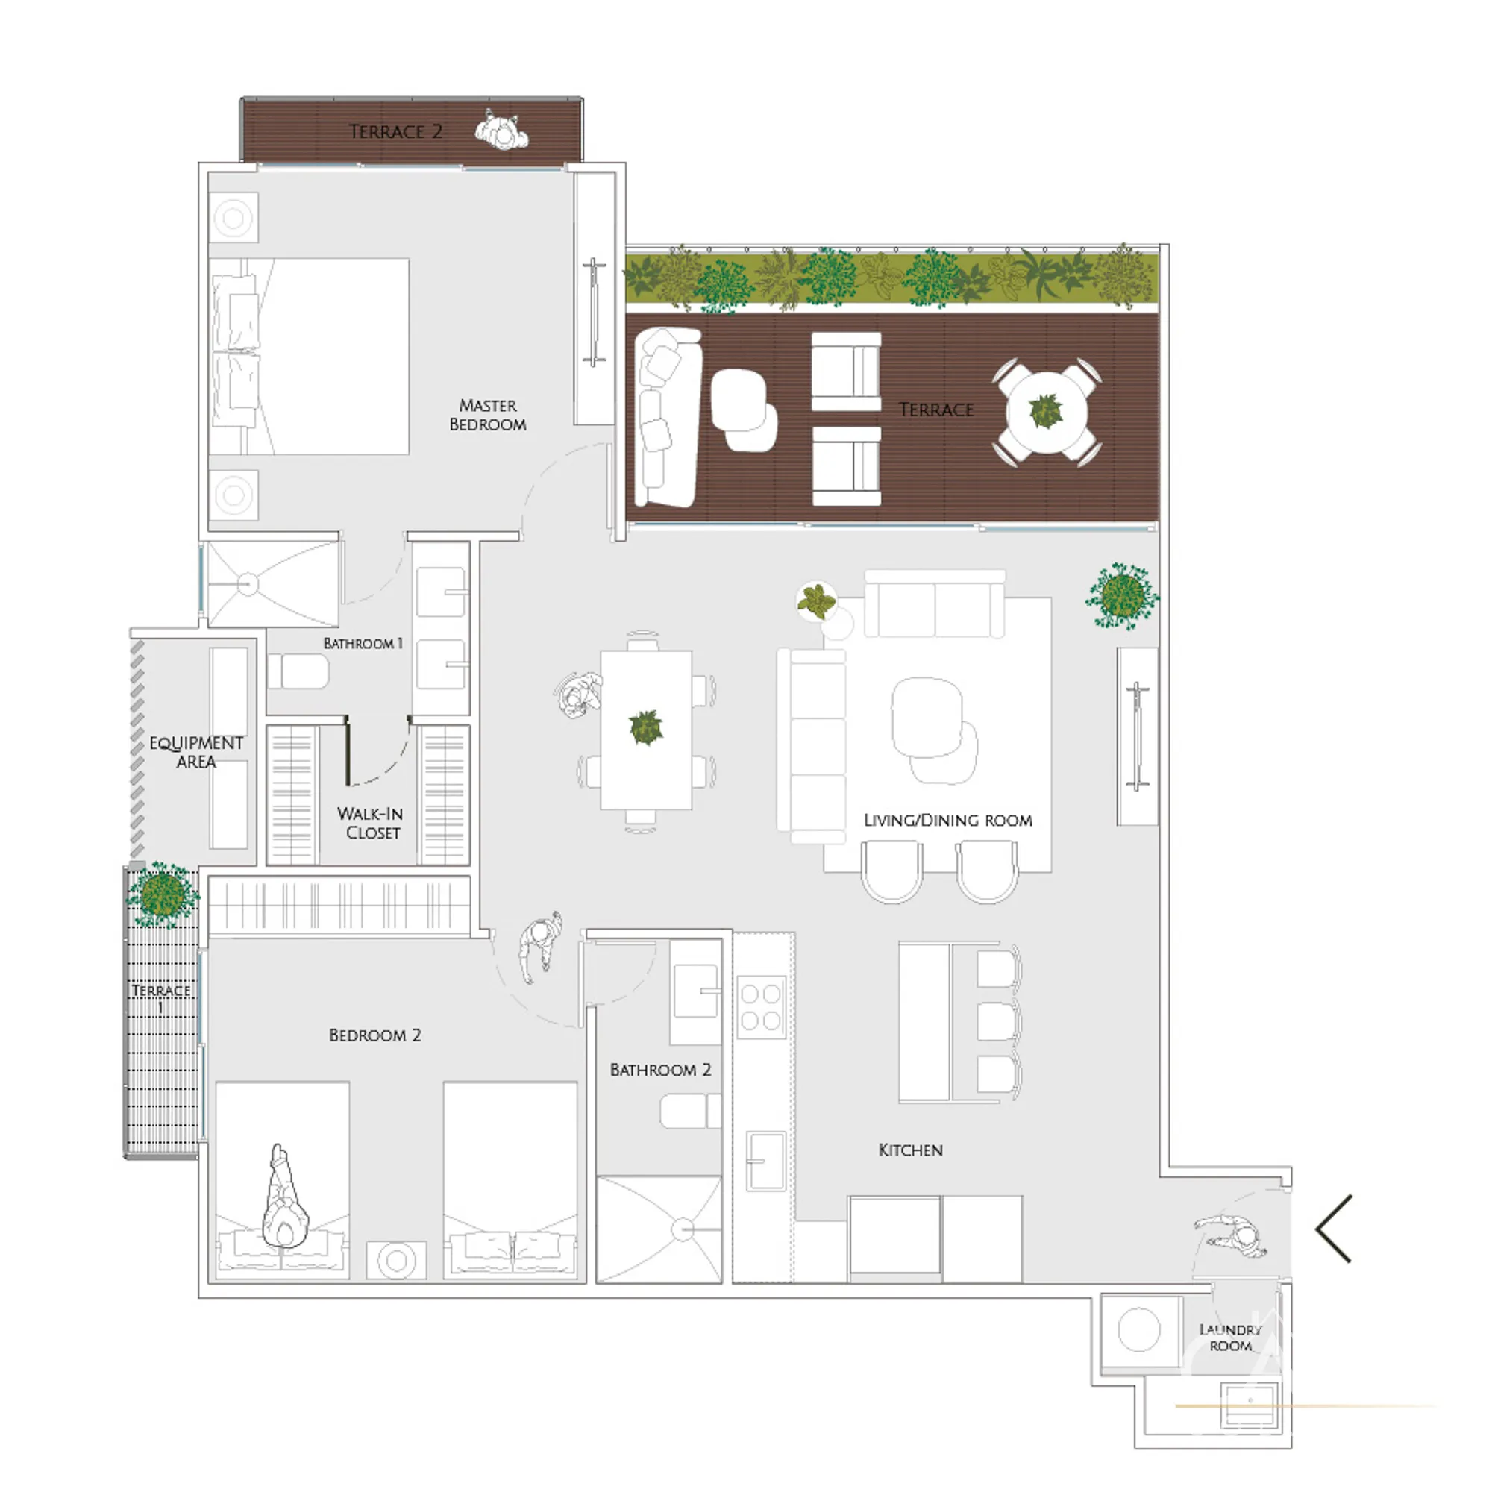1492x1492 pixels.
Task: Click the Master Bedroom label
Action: pos(487,415)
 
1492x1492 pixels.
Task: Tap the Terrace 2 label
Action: pos(395,131)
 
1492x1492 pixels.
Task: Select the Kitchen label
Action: pos(910,1150)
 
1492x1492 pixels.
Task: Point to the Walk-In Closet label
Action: pos(371,824)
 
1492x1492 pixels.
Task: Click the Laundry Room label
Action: pos(1230,1338)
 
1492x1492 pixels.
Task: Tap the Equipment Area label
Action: pos(196,752)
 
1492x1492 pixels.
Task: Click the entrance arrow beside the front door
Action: pos(1334,1229)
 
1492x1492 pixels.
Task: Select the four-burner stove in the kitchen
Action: pos(761,1007)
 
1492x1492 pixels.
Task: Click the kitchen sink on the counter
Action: pos(765,1161)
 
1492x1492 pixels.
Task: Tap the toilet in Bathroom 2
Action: pos(689,1111)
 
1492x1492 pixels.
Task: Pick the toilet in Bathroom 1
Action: pos(299,672)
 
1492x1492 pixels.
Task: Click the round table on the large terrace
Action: pos(1047,413)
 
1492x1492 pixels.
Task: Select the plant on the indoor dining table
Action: pos(645,727)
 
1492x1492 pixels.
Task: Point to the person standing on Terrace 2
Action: pos(502,133)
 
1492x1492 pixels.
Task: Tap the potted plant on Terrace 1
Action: pos(162,894)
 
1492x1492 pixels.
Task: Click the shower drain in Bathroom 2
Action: pos(683,1229)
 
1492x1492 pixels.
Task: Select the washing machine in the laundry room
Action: pos(1140,1331)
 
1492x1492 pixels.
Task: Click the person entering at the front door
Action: pos(1232,1235)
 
